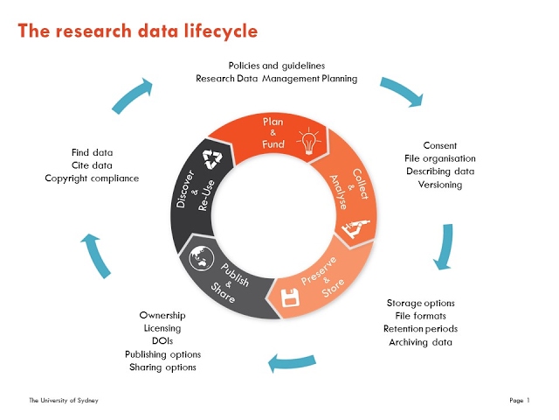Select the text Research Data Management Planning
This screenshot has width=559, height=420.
(276, 79)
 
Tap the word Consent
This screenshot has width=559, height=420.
(439, 145)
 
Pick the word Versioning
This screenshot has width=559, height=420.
(439, 185)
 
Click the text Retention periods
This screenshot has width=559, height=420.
(421, 329)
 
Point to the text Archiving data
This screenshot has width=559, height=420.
(420, 342)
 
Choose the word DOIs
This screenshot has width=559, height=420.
(162, 341)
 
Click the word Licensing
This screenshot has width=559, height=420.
(162, 328)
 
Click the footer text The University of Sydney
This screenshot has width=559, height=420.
(63, 400)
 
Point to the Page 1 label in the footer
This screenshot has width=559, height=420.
(519, 400)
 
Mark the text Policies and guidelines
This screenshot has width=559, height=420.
(276, 66)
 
